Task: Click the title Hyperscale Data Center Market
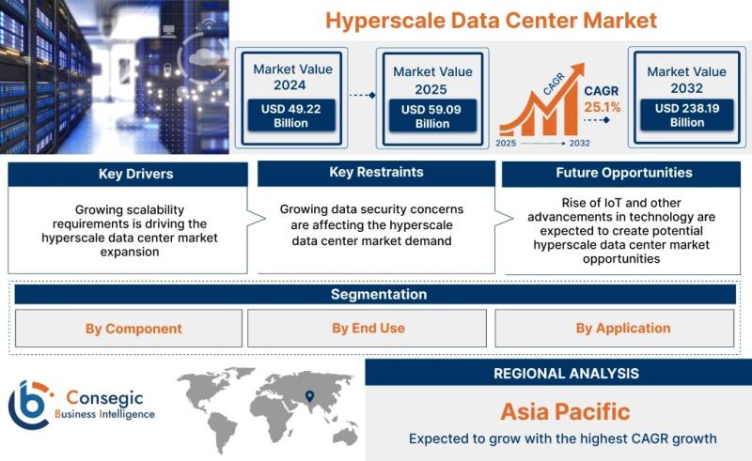point(491,21)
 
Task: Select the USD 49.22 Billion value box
point(291,115)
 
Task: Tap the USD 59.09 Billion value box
point(432,116)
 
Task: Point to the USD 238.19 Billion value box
point(687,115)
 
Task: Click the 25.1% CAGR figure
point(602,107)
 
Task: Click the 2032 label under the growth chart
point(579,143)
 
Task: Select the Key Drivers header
point(128,174)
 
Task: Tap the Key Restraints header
point(377,173)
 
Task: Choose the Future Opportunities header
point(621,174)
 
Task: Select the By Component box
point(129,329)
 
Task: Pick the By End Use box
point(367,329)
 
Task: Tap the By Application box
point(615,329)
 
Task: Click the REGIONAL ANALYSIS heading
point(567,374)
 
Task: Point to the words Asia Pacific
point(566,411)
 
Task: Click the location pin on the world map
point(310,396)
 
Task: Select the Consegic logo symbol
point(29,405)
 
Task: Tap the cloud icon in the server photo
point(200,56)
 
